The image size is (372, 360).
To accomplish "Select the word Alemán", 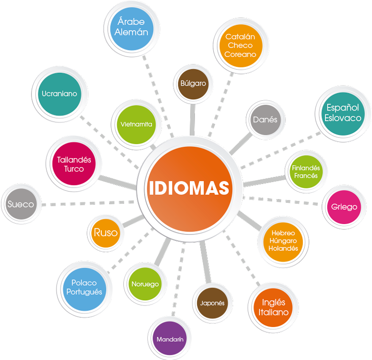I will pyautogui.click(x=131, y=32).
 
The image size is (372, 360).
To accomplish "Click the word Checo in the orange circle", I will pyautogui.click(x=240, y=45).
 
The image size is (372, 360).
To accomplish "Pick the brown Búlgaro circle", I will pyautogui.click(x=193, y=83).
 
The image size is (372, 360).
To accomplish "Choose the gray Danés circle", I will pyautogui.click(x=265, y=120).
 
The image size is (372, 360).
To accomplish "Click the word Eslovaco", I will pyautogui.click(x=343, y=118).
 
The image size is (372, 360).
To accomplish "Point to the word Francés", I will pyautogui.click(x=306, y=176).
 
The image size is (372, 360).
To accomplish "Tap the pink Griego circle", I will pyautogui.click(x=344, y=207).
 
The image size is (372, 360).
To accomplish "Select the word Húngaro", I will pyautogui.click(x=283, y=240).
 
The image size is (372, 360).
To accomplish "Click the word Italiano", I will pyautogui.click(x=274, y=312).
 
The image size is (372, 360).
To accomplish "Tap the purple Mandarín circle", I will pyautogui.click(x=170, y=339).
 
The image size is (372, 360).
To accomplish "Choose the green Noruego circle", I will pyautogui.click(x=145, y=284).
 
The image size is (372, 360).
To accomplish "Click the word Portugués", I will pyautogui.click(x=84, y=292).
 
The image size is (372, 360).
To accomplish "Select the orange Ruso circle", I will pyautogui.click(x=105, y=232).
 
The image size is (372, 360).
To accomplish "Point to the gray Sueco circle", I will pyautogui.click(x=21, y=204).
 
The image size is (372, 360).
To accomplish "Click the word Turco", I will pyautogui.click(x=74, y=169).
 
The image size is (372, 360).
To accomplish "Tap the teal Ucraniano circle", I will pyautogui.click(x=59, y=94).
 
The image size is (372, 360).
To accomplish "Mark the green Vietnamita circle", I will pyautogui.click(x=136, y=124).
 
